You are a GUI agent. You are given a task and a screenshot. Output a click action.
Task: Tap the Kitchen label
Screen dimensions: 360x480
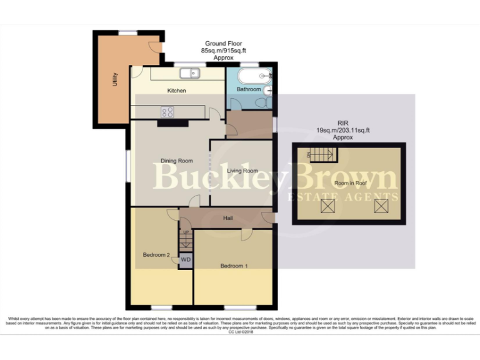pyautogui.click(x=177, y=91)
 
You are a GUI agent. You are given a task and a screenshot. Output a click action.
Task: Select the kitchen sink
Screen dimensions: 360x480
pyautogui.click(x=190, y=73)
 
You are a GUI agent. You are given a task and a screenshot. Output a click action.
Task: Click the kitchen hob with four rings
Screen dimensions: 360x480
pyautogui.click(x=167, y=112)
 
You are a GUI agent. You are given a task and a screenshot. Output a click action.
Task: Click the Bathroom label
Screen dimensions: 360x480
pyautogui.click(x=248, y=90)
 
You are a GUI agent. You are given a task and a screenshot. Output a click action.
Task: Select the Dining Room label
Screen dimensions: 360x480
pyautogui.click(x=177, y=161)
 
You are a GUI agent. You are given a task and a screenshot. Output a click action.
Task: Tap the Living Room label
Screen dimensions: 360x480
pyautogui.click(x=242, y=171)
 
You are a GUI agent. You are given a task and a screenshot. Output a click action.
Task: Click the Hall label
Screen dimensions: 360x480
pyautogui.click(x=228, y=219)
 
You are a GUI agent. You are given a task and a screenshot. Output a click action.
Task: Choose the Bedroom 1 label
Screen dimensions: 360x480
pyautogui.click(x=234, y=266)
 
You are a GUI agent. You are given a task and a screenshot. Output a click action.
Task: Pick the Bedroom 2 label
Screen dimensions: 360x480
pyautogui.click(x=156, y=254)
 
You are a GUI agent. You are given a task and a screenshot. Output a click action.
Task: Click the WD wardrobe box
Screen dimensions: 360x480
pyautogui.click(x=186, y=259)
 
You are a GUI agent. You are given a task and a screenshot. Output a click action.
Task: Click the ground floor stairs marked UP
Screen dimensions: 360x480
pyautogui.click(x=186, y=240)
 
